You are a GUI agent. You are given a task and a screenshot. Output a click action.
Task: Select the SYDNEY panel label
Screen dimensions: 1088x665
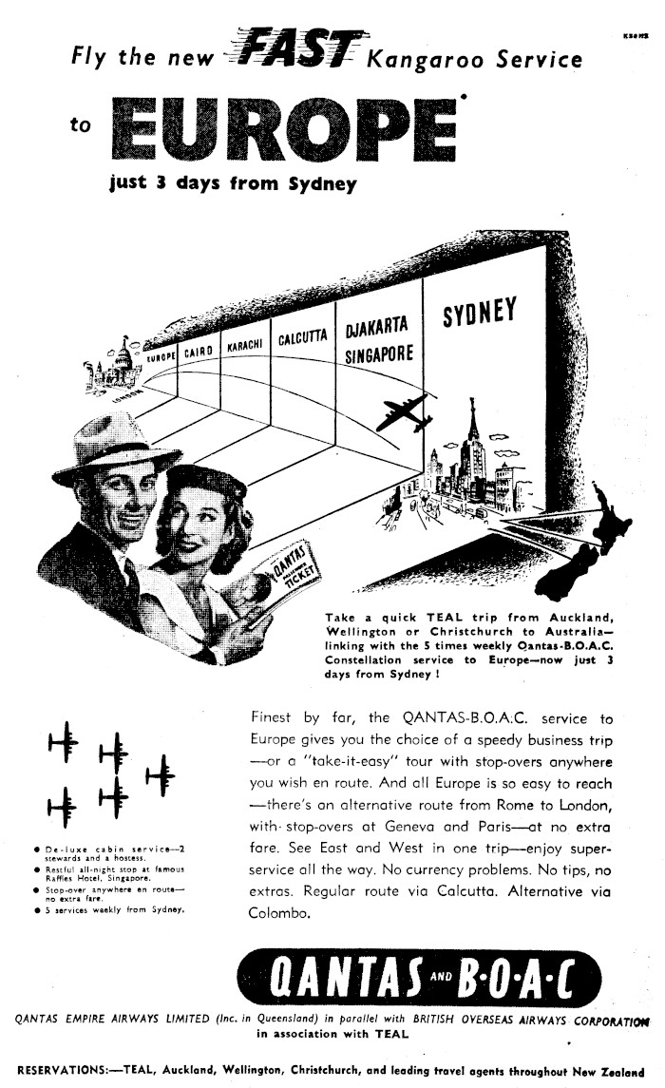pos(479,315)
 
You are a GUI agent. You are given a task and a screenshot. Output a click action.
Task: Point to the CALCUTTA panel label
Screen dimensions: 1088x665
pos(302,338)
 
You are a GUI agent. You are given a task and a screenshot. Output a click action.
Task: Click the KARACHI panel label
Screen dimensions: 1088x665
pos(242,347)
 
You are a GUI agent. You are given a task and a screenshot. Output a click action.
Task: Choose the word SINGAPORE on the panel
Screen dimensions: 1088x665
pos(379,354)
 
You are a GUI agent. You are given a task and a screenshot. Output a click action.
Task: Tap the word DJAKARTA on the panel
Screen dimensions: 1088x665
pos(376,329)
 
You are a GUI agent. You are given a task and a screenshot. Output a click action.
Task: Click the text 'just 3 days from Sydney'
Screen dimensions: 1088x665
pos(234,183)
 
